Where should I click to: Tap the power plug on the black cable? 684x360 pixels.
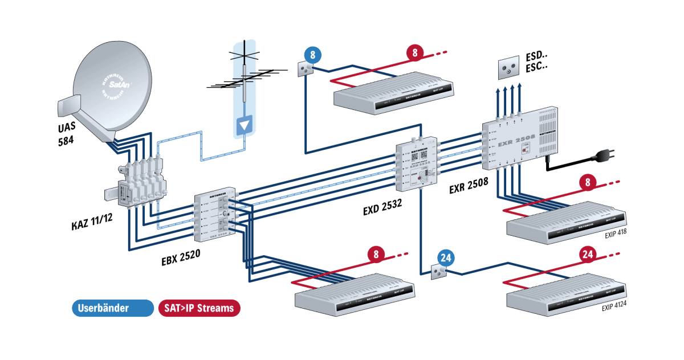(604, 156)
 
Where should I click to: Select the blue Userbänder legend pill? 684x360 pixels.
(112, 308)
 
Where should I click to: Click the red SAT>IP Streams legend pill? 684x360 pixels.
(199, 308)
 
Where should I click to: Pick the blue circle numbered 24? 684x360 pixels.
(447, 257)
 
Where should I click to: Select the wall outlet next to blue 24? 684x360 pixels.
(435, 271)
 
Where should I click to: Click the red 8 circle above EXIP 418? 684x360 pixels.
(589, 183)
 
